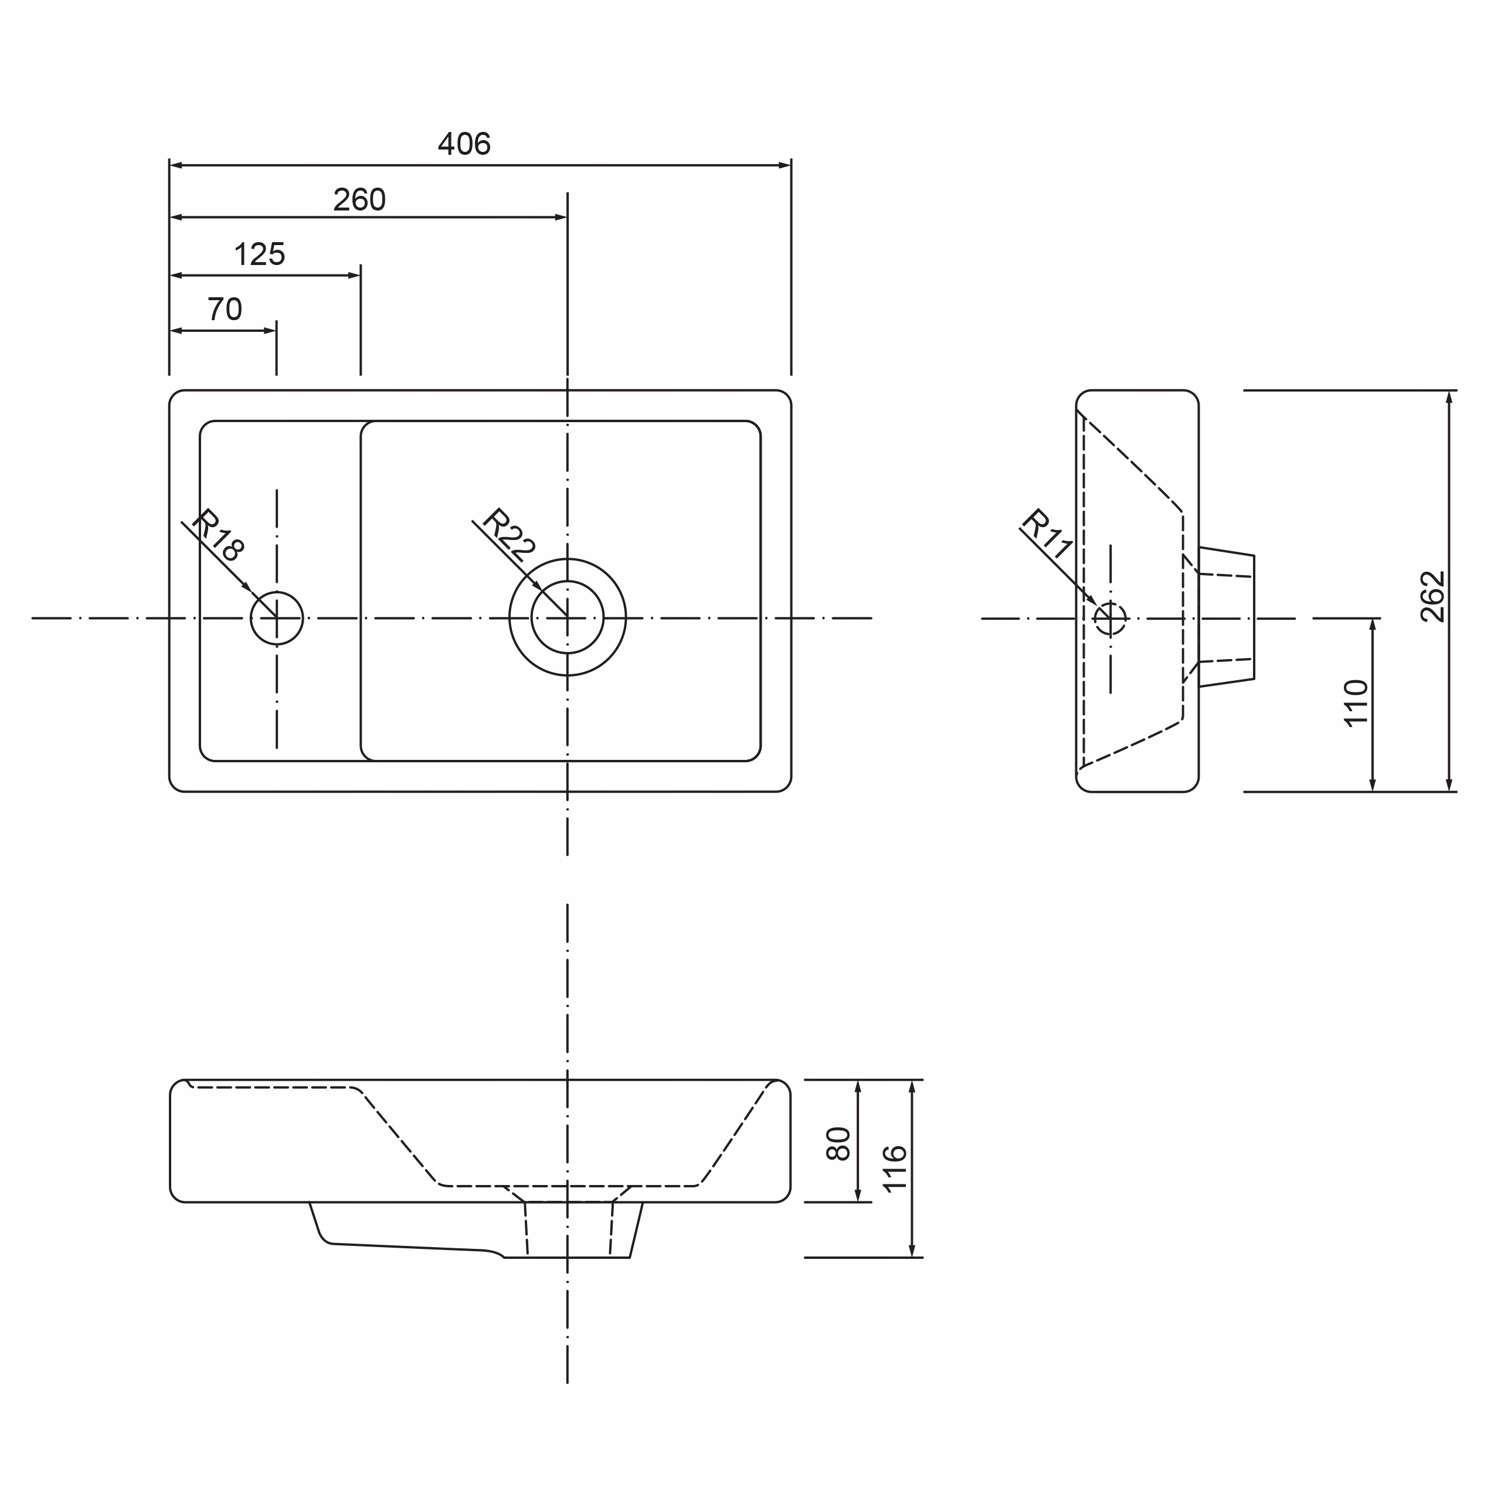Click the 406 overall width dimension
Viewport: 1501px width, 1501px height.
tap(464, 144)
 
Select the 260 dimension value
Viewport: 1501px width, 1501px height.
tap(359, 201)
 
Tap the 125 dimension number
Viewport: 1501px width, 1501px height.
tap(260, 254)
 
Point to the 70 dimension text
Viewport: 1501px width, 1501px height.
tap(225, 309)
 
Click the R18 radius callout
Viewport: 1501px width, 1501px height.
tap(218, 535)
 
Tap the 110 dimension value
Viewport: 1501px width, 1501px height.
tap(1356, 703)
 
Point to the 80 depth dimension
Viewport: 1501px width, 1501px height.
tap(839, 1143)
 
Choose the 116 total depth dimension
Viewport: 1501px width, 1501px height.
tap(895, 1168)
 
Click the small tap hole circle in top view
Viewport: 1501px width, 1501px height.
tap(277, 619)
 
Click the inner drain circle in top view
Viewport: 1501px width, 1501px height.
tap(567, 617)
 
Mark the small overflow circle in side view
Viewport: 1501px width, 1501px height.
tap(1109, 619)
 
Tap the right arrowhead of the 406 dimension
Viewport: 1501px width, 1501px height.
tap(785, 165)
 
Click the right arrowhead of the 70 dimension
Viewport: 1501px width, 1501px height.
tap(270, 331)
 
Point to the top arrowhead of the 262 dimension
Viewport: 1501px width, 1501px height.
tap(1449, 397)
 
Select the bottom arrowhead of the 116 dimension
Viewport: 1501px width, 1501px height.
tap(912, 1250)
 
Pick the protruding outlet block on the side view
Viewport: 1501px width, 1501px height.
tap(1227, 617)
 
